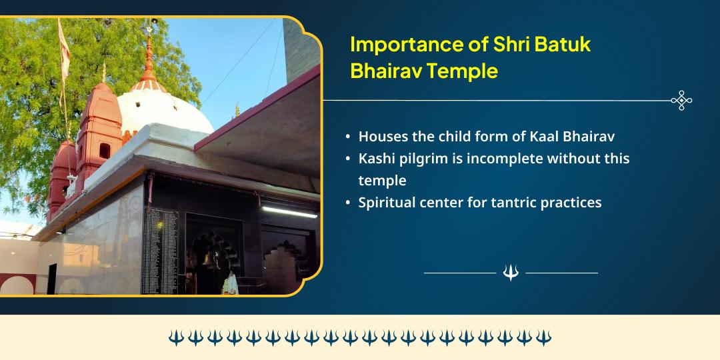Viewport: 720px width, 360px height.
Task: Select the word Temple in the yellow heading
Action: pos(467,70)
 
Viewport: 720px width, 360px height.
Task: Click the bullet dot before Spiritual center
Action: pos(348,203)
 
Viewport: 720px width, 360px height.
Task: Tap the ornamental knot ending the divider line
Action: pos(681,101)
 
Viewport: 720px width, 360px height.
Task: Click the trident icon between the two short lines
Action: pos(511,273)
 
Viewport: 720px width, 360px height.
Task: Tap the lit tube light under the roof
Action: pos(289,211)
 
